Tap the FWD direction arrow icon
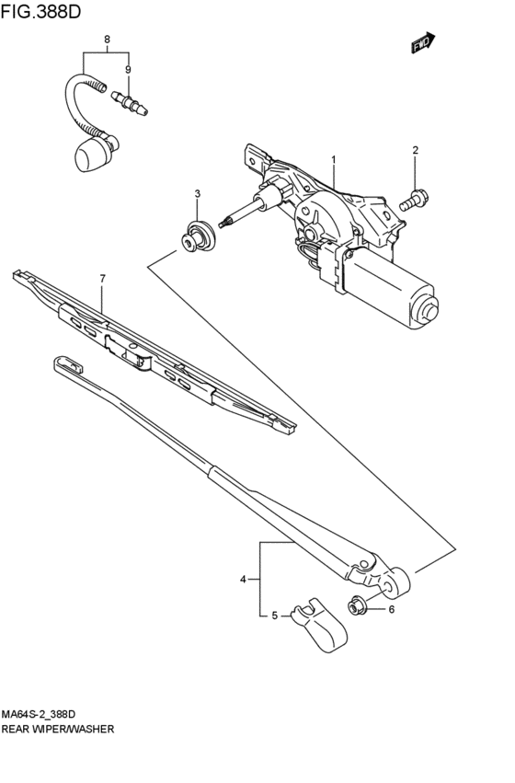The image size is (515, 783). click(x=422, y=42)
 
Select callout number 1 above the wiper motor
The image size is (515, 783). click(x=333, y=159)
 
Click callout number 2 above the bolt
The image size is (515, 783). click(x=415, y=151)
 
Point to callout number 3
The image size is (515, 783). click(x=197, y=193)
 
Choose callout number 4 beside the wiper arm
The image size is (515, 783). click(x=244, y=579)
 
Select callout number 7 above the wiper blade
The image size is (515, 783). click(x=103, y=278)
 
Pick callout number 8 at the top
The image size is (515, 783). click(x=108, y=40)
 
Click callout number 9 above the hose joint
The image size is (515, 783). click(x=128, y=69)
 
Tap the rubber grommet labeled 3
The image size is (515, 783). click(x=195, y=235)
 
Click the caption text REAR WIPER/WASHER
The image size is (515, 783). click(x=58, y=729)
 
